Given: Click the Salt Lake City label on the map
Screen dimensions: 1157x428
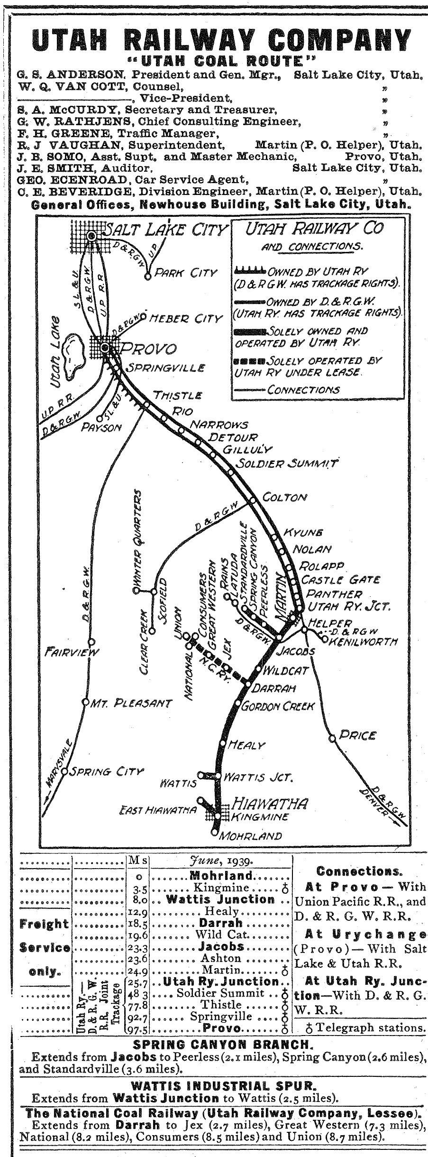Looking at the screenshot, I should [165, 230].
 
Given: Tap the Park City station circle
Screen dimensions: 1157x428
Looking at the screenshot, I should [148, 274].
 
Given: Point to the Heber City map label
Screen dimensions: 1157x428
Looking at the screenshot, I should [185, 318].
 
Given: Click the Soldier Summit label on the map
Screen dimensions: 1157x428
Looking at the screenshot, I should [286, 463].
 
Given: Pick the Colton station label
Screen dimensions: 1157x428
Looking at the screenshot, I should [284, 498].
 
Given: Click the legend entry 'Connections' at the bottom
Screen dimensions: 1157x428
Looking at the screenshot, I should [303, 390].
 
